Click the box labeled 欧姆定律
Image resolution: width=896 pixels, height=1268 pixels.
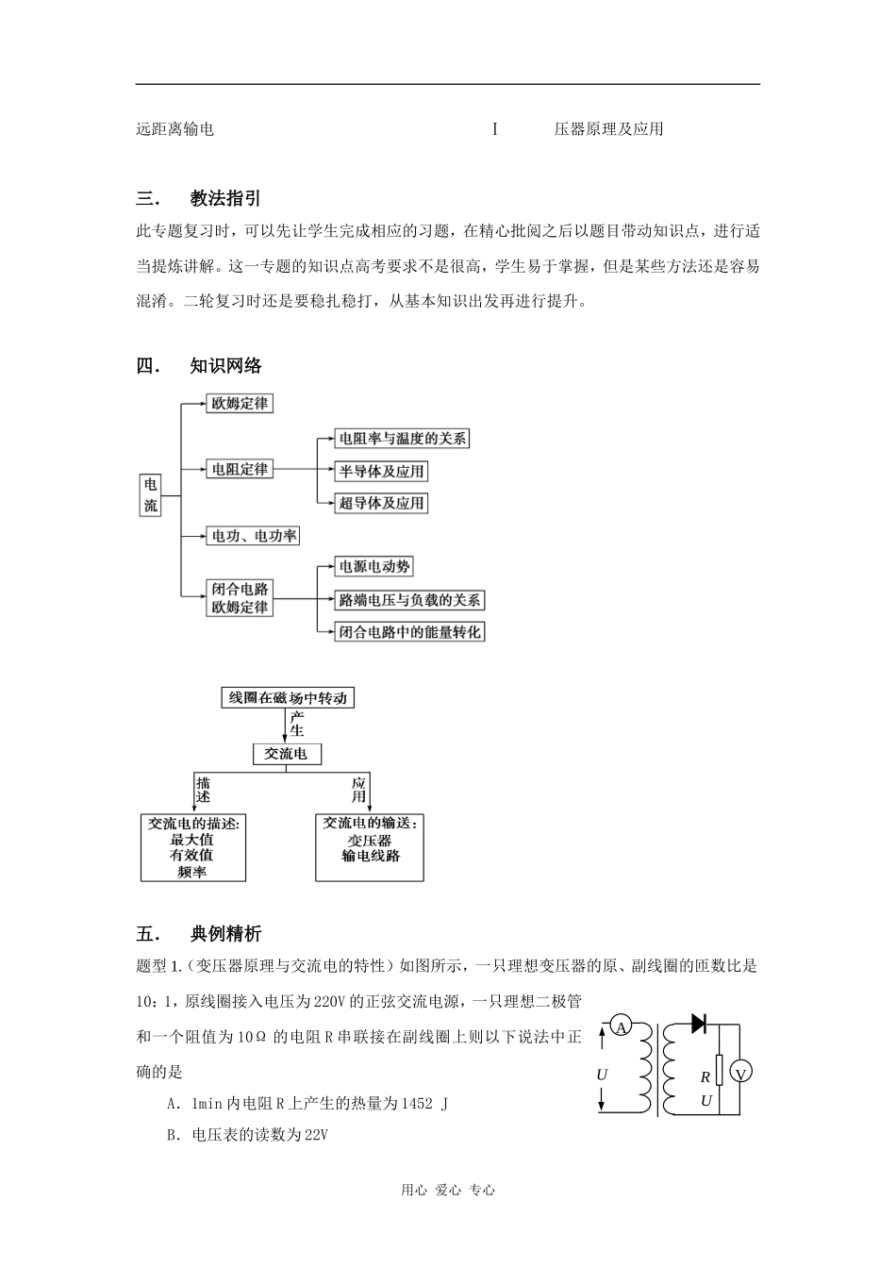240,404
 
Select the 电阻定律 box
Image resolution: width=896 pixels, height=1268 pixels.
240,469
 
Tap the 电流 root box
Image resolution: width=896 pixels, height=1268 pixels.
151,494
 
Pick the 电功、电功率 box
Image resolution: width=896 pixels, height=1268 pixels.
254,536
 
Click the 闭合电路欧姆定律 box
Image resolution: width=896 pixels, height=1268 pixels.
240,598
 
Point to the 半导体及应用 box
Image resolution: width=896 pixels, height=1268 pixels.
382,471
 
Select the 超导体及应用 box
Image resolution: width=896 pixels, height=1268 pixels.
382,503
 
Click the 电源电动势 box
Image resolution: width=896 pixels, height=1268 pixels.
374,566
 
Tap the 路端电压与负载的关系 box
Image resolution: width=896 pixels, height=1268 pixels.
409,599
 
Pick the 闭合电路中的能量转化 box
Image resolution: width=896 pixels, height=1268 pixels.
410,631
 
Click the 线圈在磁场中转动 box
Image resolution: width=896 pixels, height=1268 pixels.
288,698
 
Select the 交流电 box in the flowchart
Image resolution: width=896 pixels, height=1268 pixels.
287,754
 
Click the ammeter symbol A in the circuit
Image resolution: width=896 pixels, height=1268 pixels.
622,1027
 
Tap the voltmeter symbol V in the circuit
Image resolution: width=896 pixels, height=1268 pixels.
740,1074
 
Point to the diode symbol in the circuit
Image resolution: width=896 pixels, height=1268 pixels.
699,1023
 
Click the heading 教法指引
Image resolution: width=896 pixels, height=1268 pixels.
225,198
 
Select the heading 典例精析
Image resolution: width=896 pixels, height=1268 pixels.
225,934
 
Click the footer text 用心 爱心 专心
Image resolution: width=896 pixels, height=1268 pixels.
448,1190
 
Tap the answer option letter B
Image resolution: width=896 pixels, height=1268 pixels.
173,1135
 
